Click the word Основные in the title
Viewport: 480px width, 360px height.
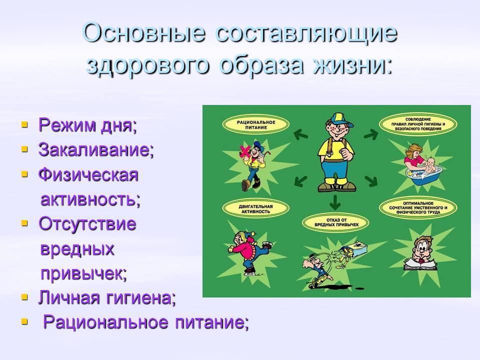(x=144, y=32)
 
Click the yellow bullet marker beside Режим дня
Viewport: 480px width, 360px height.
(x=24, y=124)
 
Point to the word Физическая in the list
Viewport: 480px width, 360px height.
(x=88, y=175)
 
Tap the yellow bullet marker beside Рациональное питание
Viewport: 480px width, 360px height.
(x=24, y=321)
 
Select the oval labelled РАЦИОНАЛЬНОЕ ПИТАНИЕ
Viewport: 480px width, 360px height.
(x=256, y=125)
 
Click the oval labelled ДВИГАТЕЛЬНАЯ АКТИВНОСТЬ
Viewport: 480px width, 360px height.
(x=255, y=209)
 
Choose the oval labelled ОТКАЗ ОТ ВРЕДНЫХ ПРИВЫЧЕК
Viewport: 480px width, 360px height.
(x=336, y=222)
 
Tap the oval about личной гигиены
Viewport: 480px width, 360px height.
(x=418, y=124)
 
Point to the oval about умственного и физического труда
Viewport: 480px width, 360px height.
(x=418, y=208)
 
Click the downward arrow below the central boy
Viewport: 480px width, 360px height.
(x=335, y=201)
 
